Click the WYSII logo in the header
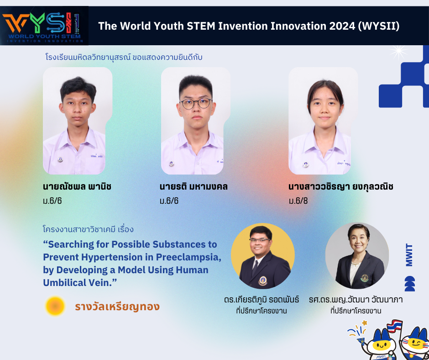[x=44, y=26]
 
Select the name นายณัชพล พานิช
[x=77, y=186]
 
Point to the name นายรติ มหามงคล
[x=194, y=186]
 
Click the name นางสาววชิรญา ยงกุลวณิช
[x=340, y=186]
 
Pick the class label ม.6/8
[x=298, y=201]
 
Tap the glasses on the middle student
[x=196, y=104]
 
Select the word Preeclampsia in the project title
[x=188, y=257]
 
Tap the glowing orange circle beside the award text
[x=55, y=306]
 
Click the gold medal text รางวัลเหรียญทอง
[x=117, y=306]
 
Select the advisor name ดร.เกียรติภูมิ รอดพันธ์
[x=262, y=299]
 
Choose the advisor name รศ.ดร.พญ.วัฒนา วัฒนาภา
[x=356, y=299]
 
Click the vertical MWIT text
[x=409, y=255]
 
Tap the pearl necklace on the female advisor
[x=356, y=264]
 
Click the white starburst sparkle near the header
[x=398, y=52]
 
